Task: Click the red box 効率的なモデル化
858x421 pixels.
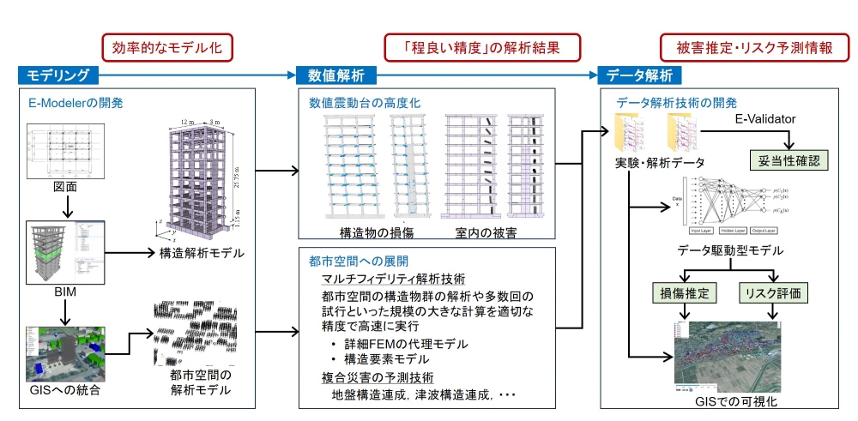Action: coord(167,47)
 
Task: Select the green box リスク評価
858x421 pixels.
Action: coord(776,293)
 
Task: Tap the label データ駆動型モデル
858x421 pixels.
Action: coord(730,250)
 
